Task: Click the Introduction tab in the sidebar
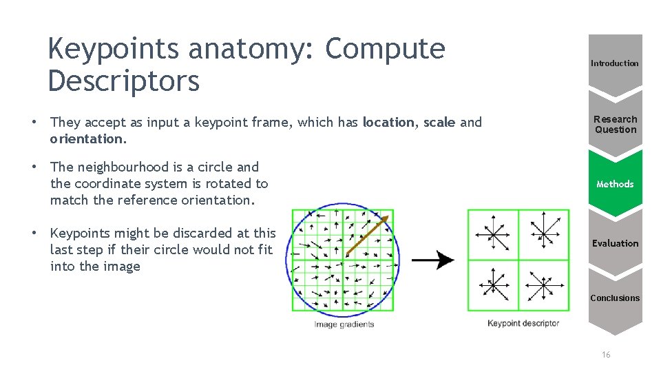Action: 615,63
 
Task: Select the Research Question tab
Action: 615,124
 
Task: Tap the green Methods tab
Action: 615,184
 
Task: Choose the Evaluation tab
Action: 615,243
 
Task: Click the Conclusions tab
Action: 615,298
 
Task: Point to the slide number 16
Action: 606,355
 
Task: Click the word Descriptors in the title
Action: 124,81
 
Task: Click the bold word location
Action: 388,123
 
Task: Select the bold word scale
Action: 439,123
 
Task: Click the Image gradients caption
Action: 344,324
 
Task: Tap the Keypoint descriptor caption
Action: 523,323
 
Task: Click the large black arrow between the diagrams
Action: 433,260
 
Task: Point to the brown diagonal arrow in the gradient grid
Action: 367,235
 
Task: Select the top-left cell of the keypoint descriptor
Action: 493,234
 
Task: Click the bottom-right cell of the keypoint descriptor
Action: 544,285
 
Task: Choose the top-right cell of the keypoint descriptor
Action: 544,234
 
